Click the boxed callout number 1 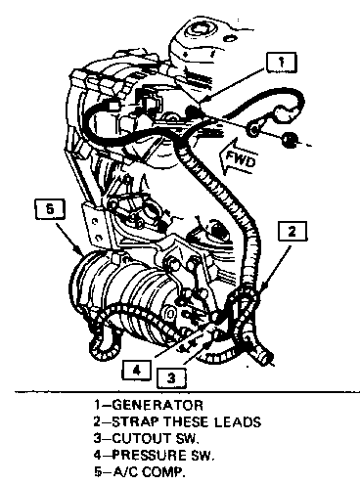[x=281, y=62]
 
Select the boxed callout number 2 [x=292, y=231]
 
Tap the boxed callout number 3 [x=171, y=377]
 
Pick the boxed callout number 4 [x=137, y=370]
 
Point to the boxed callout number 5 [x=50, y=209]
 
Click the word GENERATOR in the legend [x=157, y=405]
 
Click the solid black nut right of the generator [x=289, y=140]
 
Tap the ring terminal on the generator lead [x=254, y=129]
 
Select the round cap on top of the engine [x=197, y=32]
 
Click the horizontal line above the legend [x=187, y=391]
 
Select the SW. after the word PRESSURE [x=202, y=455]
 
